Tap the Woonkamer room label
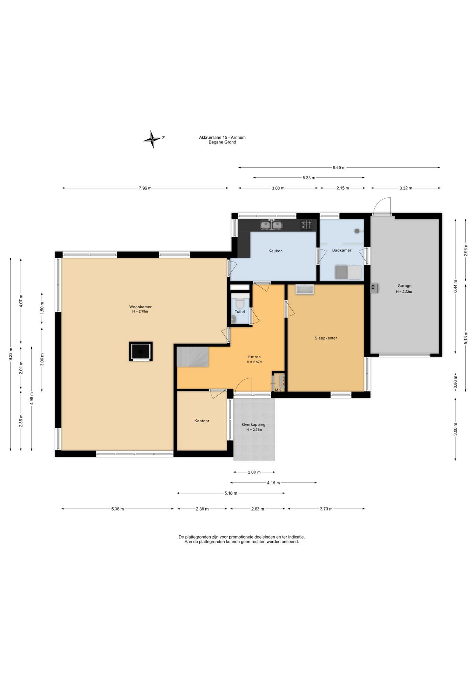click(x=140, y=307)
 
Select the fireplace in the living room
click(x=141, y=351)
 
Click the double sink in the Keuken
click(x=271, y=225)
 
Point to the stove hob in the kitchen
click(x=306, y=225)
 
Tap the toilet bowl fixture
click(x=240, y=302)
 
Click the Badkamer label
click(x=342, y=250)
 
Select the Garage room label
click(x=404, y=286)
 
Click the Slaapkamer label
click(x=326, y=338)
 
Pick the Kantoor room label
click(x=202, y=421)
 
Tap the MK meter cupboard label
click(x=278, y=390)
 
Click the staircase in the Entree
click(x=192, y=357)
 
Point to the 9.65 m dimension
click(x=339, y=167)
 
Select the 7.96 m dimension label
click(x=145, y=188)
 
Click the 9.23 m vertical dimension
click(x=11, y=354)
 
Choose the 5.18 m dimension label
click(x=231, y=493)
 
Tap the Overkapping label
click(x=253, y=424)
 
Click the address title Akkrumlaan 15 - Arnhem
click(x=222, y=138)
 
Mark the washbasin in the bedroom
click(x=305, y=289)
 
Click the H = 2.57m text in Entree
click(x=254, y=362)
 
